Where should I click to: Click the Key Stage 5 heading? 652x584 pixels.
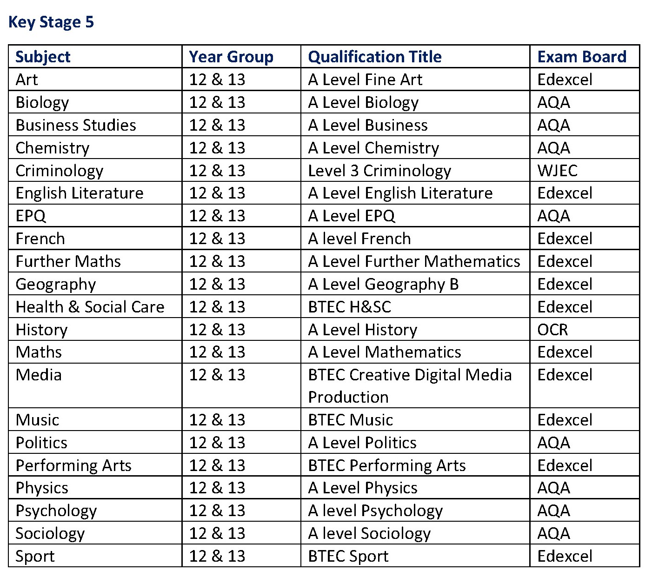[x=51, y=22]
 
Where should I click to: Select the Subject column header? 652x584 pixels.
[x=43, y=57]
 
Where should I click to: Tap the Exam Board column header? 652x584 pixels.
[x=582, y=57]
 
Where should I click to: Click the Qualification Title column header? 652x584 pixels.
[x=375, y=57]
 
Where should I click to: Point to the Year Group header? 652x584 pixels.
[x=231, y=57]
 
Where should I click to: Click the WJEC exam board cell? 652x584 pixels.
[x=557, y=171]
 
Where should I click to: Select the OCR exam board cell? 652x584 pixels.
[x=552, y=330]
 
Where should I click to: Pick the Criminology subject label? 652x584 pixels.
[x=60, y=171]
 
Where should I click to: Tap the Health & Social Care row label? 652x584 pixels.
[x=90, y=307]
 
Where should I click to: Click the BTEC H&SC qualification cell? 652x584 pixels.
[x=350, y=307]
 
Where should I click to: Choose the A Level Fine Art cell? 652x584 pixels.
[x=365, y=80]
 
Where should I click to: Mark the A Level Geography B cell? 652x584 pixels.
[x=383, y=284]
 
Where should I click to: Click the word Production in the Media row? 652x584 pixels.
[x=348, y=397]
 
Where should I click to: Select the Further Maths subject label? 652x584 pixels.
[x=68, y=261]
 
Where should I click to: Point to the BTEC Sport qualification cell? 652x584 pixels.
[x=348, y=556]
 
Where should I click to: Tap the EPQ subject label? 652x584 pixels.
[x=31, y=216]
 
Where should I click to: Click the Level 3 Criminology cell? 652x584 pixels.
[x=379, y=171]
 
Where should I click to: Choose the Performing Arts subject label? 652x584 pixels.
[x=73, y=465]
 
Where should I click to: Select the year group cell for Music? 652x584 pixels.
[x=217, y=420]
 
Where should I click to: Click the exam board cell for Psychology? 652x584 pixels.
[x=553, y=511]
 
